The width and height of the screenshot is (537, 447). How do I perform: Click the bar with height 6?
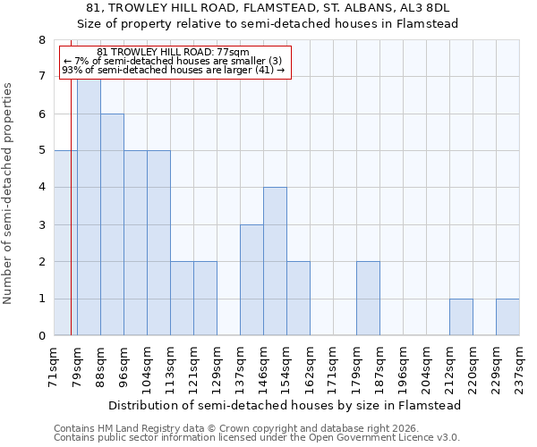(x=112, y=224)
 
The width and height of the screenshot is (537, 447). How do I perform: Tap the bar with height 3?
(x=251, y=280)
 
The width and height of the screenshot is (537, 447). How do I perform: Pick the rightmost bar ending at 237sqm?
(x=507, y=316)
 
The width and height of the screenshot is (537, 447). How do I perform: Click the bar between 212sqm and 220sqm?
(x=461, y=316)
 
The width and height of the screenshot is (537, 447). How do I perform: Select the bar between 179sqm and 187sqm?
(x=368, y=299)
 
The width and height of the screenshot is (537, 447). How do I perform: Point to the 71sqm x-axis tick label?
(x=55, y=367)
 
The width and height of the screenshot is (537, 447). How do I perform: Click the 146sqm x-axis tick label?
(x=264, y=367)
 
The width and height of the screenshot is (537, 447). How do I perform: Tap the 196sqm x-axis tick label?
(x=404, y=367)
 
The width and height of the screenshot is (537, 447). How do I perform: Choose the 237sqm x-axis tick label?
(x=520, y=367)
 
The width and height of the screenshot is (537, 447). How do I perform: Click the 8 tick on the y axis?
(x=41, y=40)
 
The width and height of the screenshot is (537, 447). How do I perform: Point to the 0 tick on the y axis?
(x=41, y=336)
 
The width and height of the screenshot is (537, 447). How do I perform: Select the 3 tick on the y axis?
(x=41, y=225)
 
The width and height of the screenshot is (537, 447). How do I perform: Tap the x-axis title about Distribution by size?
(x=286, y=405)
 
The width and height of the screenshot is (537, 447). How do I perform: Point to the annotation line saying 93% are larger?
(x=174, y=70)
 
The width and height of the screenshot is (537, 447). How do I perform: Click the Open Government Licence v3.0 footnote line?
(x=257, y=438)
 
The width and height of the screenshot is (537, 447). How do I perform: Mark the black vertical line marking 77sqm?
(x=71, y=223)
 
